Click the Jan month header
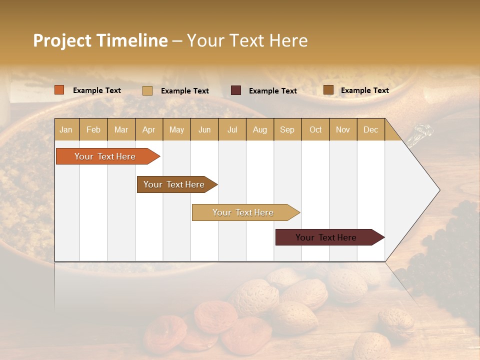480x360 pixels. pyautogui.click(x=66, y=129)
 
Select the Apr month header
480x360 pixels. pyautogui.click(x=148, y=129)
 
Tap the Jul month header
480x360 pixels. pyautogui.click(x=232, y=129)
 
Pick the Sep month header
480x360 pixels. pyautogui.click(x=287, y=129)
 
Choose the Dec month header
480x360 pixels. pyautogui.click(x=370, y=129)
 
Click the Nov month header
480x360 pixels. pyautogui.click(x=342, y=129)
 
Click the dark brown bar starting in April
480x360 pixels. pyautogui.click(x=175, y=184)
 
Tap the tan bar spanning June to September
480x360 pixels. pyautogui.click(x=244, y=212)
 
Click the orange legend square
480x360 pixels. pyautogui.click(x=59, y=90)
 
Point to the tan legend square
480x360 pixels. pyautogui.click(x=147, y=90)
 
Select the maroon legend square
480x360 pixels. pyautogui.click(x=236, y=90)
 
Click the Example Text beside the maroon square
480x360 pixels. pyautogui.click(x=272, y=91)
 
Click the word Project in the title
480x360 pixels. pyautogui.click(x=62, y=40)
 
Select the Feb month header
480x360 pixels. pyautogui.click(x=93, y=129)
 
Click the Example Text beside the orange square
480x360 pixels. pyautogui.click(x=96, y=90)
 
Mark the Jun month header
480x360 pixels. pyautogui.click(x=204, y=129)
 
